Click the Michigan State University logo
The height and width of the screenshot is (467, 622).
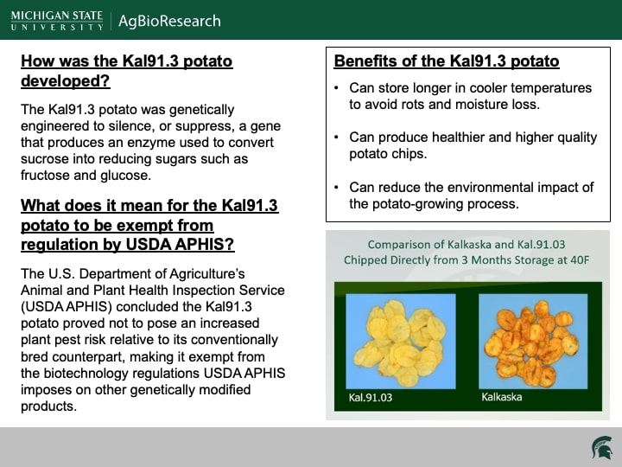pyautogui.click(x=57, y=21)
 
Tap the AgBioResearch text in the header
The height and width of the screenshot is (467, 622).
pyautogui.click(x=169, y=21)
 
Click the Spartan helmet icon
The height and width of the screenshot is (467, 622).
pyautogui.click(x=602, y=448)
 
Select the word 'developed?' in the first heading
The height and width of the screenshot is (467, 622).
pyautogui.click(x=66, y=80)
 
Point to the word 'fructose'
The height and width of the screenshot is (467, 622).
pyautogui.click(x=45, y=175)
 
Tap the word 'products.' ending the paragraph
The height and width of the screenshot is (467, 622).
pyautogui.click(x=48, y=406)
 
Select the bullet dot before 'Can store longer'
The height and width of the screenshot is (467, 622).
pyautogui.click(x=336, y=87)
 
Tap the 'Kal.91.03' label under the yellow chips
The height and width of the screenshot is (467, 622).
pyautogui.click(x=370, y=398)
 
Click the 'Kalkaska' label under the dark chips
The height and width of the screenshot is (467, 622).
pyautogui.click(x=502, y=397)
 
